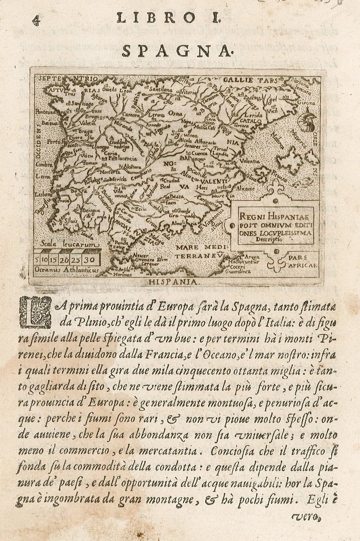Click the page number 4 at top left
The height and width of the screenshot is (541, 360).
(x=36, y=20)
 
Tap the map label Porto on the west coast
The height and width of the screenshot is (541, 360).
(x=54, y=142)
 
